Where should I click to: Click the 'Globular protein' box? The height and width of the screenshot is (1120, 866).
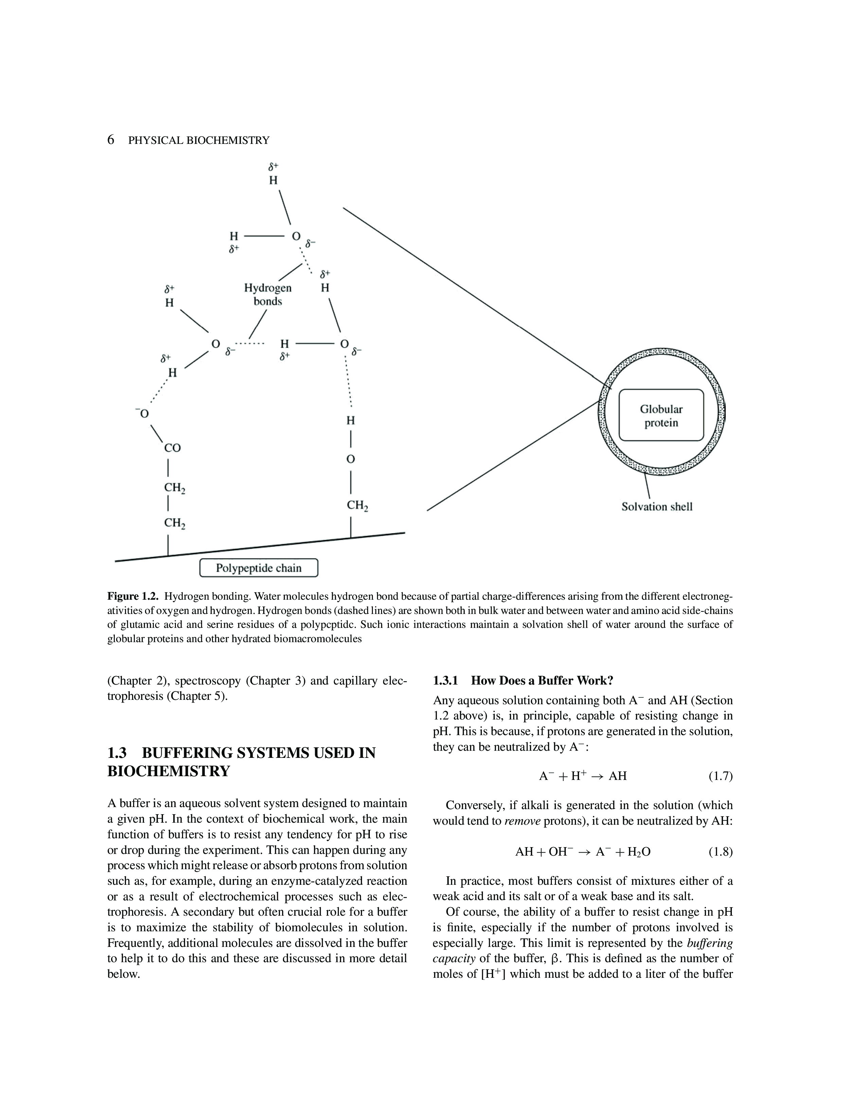click(x=661, y=415)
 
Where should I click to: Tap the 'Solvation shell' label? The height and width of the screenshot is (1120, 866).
click(x=657, y=507)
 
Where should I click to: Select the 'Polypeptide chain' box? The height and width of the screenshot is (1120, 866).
click(x=258, y=568)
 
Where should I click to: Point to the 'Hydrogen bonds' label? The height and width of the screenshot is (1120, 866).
click(x=268, y=294)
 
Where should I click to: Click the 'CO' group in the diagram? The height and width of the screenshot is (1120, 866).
click(x=173, y=448)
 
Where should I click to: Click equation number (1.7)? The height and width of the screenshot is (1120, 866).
click(x=720, y=776)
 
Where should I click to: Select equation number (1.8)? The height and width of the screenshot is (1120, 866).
click(x=720, y=852)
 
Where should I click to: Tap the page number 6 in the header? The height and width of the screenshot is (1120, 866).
click(x=111, y=140)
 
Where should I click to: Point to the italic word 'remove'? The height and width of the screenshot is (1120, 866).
click(x=522, y=821)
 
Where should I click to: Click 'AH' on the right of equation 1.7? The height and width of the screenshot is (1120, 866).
click(x=618, y=776)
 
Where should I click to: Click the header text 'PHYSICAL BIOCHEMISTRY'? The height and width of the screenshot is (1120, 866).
click(x=199, y=140)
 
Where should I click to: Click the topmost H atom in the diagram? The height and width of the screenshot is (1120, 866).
click(x=273, y=180)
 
